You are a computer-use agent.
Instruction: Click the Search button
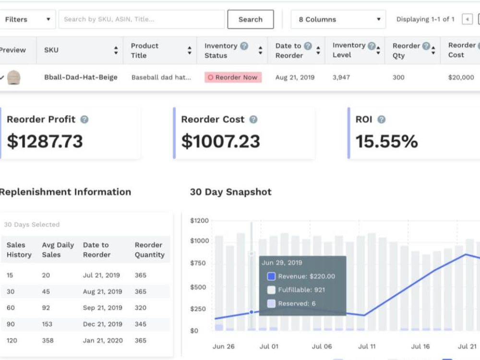click(x=251, y=19)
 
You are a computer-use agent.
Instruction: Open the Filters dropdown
click(x=27, y=19)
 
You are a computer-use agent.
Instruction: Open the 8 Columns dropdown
click(x=338, y=19)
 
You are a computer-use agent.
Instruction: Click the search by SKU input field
click(x=142, y=19)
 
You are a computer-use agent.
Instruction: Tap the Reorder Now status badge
click(x=233, y=77)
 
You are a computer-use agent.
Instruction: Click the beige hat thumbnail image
click(x=13, y=77)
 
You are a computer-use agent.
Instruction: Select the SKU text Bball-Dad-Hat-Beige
click(x=81, y=77)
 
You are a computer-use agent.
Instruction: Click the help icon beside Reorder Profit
click(x=84, y=120)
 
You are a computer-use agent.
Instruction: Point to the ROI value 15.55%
click(x=386, y=142)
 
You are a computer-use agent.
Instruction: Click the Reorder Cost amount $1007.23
click(x=220, y=142)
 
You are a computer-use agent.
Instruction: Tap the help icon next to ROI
click(x=382, y=120)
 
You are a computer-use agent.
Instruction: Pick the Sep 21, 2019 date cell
click(x=103, y=308)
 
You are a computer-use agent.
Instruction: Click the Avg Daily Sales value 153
click(x=47, y=324)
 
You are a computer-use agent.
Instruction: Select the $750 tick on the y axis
click(x=198, y=263)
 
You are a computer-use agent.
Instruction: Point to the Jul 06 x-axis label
click(x=322, y=346)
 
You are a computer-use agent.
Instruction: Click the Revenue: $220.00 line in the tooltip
click(x=301, y=276)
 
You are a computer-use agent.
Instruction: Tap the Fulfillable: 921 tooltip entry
click(x=296, y=290)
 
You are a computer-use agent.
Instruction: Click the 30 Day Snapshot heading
click(x=230, y=192)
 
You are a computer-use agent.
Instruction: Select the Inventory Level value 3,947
click(x=341, y=77)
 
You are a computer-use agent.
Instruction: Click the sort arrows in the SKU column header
click(x=116, y=50)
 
